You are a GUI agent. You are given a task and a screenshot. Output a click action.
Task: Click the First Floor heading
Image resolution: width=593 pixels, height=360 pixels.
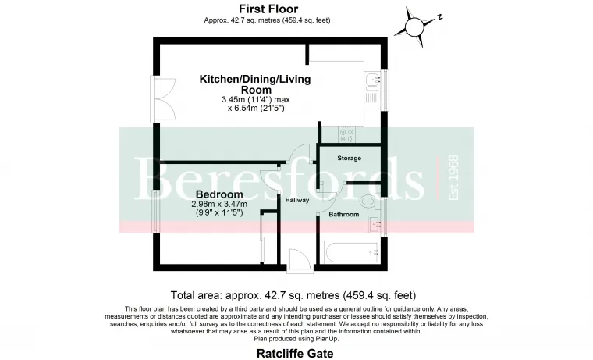pyautogui.click(x=268, y=9)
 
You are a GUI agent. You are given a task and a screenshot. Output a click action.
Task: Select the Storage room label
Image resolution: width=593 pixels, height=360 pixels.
pyautogui.click(x=349, y=159)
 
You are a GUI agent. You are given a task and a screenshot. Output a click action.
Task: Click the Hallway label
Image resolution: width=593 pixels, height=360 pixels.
pyautogui.click(x=296, y=200)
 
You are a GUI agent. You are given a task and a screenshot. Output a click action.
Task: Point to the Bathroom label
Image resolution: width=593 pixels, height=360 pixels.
pyautogui.click(x=344, y=215)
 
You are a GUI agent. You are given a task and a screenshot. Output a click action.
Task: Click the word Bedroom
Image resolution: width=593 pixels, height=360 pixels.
pyautogui.click(x=219, y=194)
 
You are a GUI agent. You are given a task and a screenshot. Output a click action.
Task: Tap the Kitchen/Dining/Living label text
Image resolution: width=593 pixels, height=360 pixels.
pyautogui.click(x=255, y=79)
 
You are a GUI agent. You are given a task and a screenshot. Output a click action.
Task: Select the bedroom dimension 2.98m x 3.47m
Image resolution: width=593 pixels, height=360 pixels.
pyautogui.click(x=219, y=205)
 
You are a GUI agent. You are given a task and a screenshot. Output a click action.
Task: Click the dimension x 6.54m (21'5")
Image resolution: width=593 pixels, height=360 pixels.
pyautogui.click(x=256, y=109)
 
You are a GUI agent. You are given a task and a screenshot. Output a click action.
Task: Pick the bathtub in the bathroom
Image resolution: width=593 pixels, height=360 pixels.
pyautogui.click(x=353, y=253)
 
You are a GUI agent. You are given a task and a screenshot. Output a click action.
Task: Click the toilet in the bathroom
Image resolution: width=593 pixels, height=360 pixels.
pyautogui.click(x=368, y=200)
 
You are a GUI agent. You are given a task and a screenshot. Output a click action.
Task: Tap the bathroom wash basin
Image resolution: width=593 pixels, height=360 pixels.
pyautogui.click(x=375, y=225)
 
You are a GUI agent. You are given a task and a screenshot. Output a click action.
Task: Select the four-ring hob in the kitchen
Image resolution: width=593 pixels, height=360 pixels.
pyautogui.click(x=346, y=135)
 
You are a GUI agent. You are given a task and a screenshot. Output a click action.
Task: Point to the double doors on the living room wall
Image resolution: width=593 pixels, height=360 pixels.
pyautogui.click(x=163, y=99)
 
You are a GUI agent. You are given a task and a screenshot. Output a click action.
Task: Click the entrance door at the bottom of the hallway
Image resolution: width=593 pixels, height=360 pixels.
pyautogui.click(x=300, y=260)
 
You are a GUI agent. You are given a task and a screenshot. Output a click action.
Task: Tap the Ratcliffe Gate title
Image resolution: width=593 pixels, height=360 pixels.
pyautogui.click(x=295, y=354)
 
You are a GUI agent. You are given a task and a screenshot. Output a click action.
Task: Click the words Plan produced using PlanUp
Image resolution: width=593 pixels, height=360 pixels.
pyautogui.click(x=296, y=339)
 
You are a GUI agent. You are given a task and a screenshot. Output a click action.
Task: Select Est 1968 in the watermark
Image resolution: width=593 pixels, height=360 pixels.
pyautogui.click(x=453, y=177)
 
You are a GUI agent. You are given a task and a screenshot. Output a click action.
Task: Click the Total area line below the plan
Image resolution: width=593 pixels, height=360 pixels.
pyautogui.click(x=293, y=295)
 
